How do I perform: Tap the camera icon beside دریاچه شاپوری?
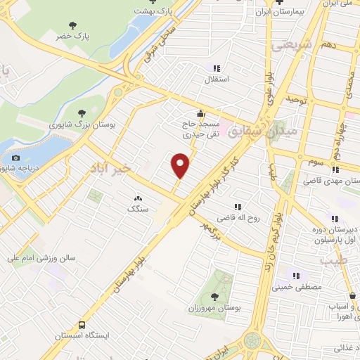click(16, 158)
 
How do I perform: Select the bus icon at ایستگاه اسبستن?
click(82, 326)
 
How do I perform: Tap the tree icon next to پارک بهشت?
click(142, 9)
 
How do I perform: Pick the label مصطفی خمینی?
click(300, 288)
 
